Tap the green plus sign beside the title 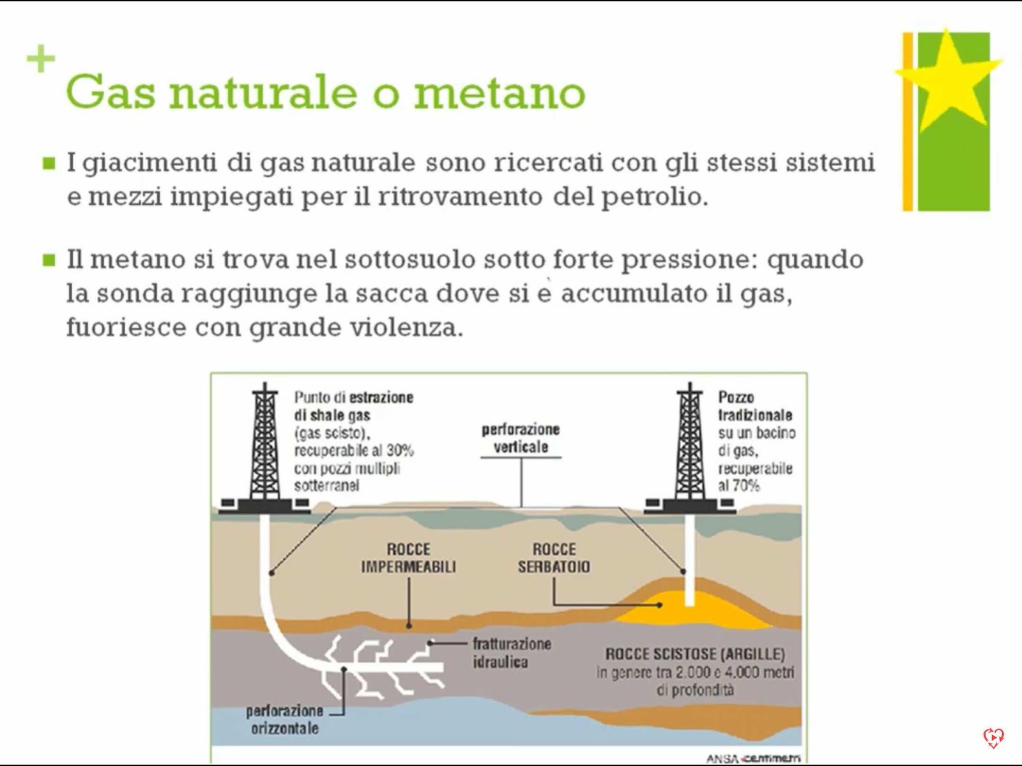click(x=41, y=59)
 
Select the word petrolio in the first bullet click(x=655, y=198)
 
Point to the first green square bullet click(x=49, y=163)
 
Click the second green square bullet click(x=49, y=260)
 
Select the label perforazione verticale click(x=521, y=438)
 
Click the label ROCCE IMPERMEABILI click(x=408, y=558)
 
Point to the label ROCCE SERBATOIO click(x=554, y=558)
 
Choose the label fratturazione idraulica click(x=512, y=653)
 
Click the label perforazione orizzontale click(x=284, y=719)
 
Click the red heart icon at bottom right click(x=993, y=738)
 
